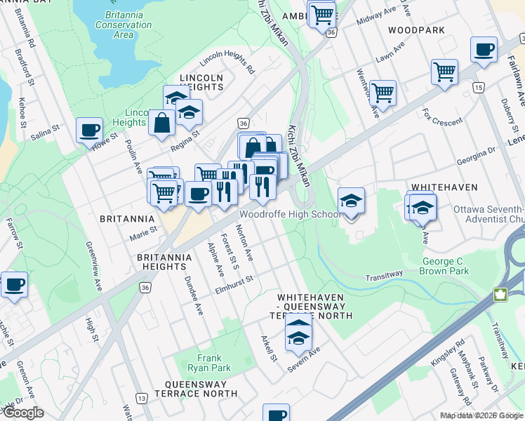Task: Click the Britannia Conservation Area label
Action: tap(124, 25)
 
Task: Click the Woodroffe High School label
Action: tap(291, 214)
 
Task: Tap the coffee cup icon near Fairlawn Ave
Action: tap(484, 50)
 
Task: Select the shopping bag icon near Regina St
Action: tap(162, 123)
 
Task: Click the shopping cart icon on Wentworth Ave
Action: tap(383, 92)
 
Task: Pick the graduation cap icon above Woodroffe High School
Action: tap(351, 200)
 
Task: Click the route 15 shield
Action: tap(478, 87)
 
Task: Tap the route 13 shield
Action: tap(142, 398)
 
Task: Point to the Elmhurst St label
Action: tap(234, 285)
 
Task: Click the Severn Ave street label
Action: tap(303, 356)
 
